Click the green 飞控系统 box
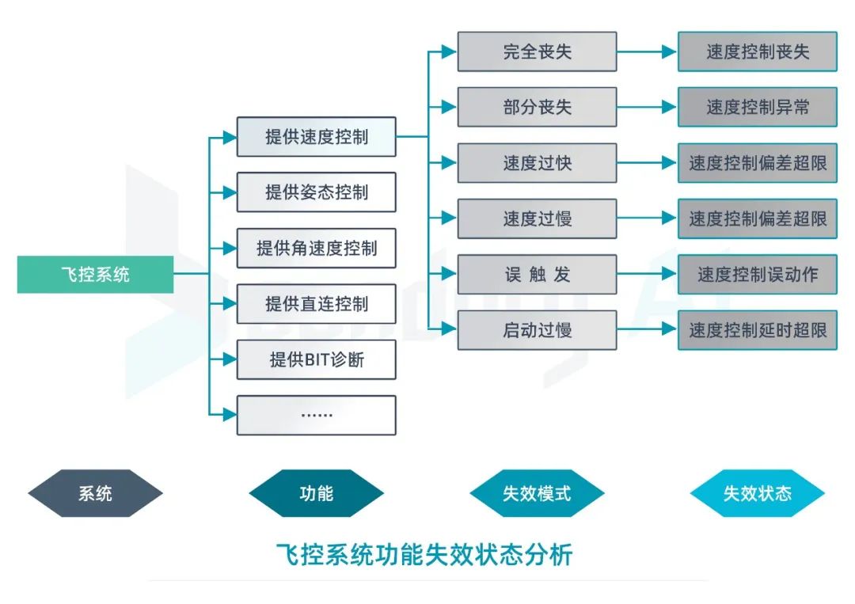coord(95,275)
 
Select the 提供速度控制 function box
coord(316,137)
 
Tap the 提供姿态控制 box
coord(316,192)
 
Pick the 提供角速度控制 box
coord(316,248)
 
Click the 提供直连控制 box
coord(316,304)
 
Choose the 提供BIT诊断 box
coord(316,359)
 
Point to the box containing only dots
coord(316,415)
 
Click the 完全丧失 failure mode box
coord(537,52)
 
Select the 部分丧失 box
coord(537,108)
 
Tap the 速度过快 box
coord(537,163)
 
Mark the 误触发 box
coord(537,275)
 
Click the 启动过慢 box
coord(537,330)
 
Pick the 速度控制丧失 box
coord(757,52)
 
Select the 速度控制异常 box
coord(757,108)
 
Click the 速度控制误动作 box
coord(757,275)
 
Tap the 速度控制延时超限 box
coord(757,330)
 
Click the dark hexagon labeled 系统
coord(95,493)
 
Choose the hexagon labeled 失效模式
coord(537,493)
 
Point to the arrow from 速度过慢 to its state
coord(646,219)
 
